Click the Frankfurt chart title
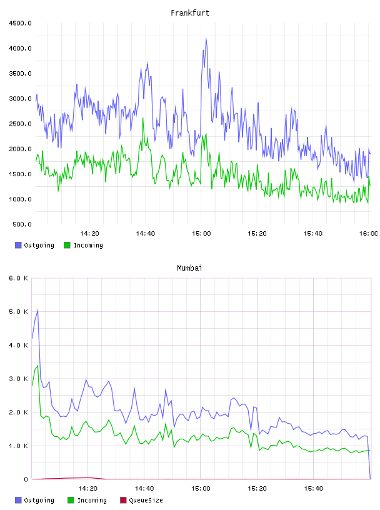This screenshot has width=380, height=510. pyautogui.click(x=190, y=13)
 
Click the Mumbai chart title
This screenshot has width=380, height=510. pyautogui.click(x=189, y=268)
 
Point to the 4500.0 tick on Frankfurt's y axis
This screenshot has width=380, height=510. pyautogui.click(x=20, y=23)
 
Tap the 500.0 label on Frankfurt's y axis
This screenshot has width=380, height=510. pyautogui.click(x=22, y=224)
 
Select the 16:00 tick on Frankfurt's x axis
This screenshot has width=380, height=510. pyautogui.click(x=368, y=234)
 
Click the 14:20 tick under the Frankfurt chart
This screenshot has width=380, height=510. pyautogui.click(x=89, y=234)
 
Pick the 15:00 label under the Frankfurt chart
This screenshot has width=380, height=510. pyautogui.click(x=201, y=234)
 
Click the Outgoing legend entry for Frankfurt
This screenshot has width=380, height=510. pyautogui.click(x=34, y=245)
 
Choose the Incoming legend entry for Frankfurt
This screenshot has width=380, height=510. pyautogui.click(x=84, y=245)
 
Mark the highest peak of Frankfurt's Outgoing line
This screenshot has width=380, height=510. pyautogui.click(x=206, y=38)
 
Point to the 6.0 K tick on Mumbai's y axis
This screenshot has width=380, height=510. pyautogui.click(x=19, y=278)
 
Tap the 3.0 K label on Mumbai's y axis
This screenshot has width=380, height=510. pyautogui.click(x=19, y=379)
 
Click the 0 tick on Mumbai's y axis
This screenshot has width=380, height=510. pyautogui.click(x=26, y=479)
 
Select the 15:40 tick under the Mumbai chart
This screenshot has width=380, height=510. pyautogui.click(x=314, y=489)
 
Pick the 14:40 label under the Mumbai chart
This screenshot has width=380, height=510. pyautogui.click(x=144, y=489)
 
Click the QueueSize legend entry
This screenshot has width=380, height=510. pyautogui.click(x=141, y=500)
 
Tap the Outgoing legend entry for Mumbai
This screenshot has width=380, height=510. pyautogui.click(x=34, y=500)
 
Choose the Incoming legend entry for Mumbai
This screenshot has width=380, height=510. pyautogui.click(x=87, y=500)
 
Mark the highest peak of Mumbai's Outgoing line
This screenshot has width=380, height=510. pyautogui.click(x=37, y=310)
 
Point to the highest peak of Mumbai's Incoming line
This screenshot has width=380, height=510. pyautogui.click(x=37, y=366)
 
